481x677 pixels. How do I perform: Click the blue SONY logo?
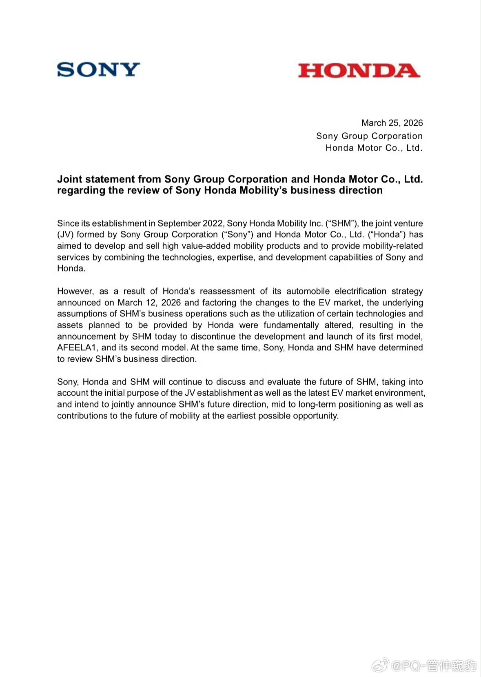click(x=98, y=69)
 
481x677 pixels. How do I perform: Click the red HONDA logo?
click(x=359, y=71)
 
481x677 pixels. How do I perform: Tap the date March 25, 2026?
click(x=392, y=123)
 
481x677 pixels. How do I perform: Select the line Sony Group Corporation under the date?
click(x=369, y=136)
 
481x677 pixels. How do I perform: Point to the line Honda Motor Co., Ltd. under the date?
click(x=374, y=148)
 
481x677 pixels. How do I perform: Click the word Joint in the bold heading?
click(x=70, y=179)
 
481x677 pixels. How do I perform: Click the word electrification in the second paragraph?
click(x=360, y=291)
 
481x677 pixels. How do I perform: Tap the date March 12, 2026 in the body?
click(x=149, y=303)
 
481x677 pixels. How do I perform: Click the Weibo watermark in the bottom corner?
click(x=424, y=666)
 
